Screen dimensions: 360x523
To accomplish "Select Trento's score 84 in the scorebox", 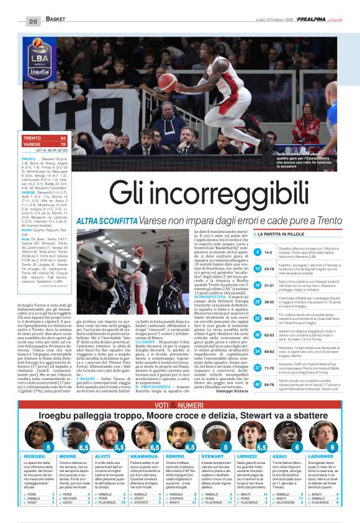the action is coord(62,137).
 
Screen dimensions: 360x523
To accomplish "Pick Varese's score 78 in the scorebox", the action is coord(62,143).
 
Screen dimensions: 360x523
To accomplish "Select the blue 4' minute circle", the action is coord(257,252).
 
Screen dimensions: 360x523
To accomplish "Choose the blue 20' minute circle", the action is coord(257,301).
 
